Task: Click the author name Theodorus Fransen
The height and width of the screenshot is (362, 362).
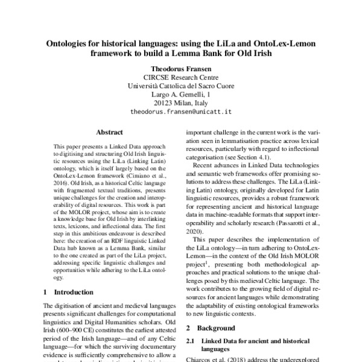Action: point(181,69)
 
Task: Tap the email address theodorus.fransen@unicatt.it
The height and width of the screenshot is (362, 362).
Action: point(181,112)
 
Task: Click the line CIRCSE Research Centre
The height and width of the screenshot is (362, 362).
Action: point(181,78)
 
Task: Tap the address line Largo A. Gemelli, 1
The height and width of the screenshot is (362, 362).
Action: point(181,95)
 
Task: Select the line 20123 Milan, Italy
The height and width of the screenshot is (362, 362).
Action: point(181,103)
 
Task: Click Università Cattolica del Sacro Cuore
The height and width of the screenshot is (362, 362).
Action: point(181,86)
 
